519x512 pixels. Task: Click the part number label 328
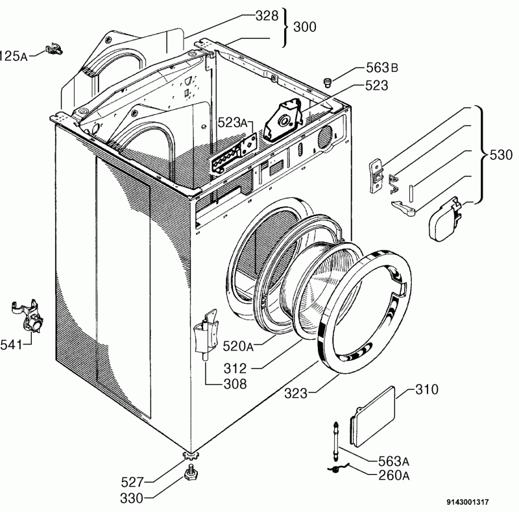[x=265, y=16]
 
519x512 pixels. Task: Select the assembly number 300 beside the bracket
[x=305, y=27]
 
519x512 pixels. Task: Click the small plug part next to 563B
[x=328, y=81]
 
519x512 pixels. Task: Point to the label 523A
[x=232, y=123]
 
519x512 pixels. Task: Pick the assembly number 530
[x=500, y=155]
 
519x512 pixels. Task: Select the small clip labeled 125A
[x=54, y=49]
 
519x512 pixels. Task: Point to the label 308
[x=234, y=384]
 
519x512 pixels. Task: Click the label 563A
[x=391, y=461]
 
